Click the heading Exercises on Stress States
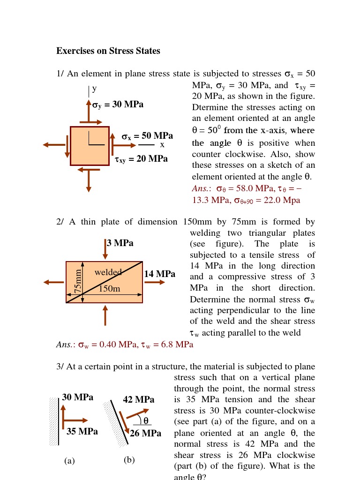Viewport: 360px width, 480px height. (108, 51)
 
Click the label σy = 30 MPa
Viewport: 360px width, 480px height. (118, 105)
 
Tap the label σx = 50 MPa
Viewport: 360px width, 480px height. (147, 136)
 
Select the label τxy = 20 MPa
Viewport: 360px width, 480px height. (141, 159)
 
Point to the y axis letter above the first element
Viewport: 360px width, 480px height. (94, 88)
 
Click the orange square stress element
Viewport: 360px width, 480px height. (90, 146)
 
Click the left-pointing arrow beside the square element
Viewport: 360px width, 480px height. (54, 145)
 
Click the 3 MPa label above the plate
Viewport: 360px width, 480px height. (120, 243)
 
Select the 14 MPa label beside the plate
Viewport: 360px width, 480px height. (160, 274)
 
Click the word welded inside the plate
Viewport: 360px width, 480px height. (108, 272)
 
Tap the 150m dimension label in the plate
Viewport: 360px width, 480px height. (109, 289)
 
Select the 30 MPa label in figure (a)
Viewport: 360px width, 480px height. (78, 397)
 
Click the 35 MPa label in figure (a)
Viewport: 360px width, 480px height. (82, 432)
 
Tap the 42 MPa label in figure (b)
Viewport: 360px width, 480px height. (138, 400)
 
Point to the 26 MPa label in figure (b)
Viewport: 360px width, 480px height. (145, 434)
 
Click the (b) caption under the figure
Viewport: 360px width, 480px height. (129, 460)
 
